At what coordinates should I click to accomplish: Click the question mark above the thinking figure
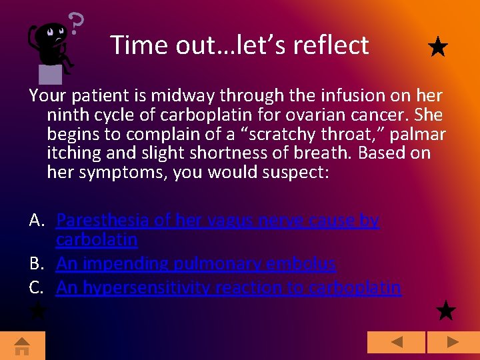[77, 24]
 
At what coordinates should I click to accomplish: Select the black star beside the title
[437, 47]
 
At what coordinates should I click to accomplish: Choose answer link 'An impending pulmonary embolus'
[196, 263]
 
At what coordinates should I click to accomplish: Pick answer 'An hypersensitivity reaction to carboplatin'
[228, 287]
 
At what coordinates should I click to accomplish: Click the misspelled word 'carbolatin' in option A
[97, 239]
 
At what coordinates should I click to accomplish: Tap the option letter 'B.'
[37, 263]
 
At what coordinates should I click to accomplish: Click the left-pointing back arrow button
[396, 343]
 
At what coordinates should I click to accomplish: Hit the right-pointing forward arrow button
[453, 343]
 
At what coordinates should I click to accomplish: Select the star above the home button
[37, 310]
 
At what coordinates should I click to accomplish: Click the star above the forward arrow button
[445, 310]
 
